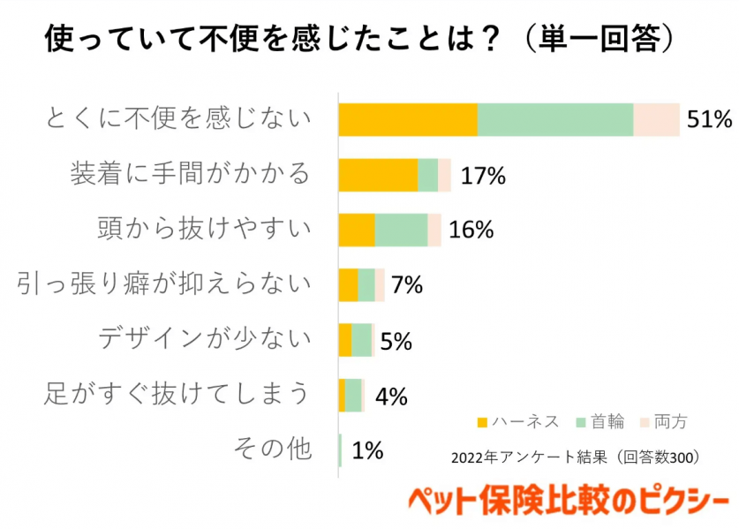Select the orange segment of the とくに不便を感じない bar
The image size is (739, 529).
coord(408,119)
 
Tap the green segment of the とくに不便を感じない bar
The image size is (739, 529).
coord(555,119)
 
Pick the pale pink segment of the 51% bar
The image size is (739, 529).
coord(656,119)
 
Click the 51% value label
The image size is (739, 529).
coord(710,119)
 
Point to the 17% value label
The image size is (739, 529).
coord(483,176)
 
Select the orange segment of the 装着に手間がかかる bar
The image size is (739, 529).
coord(378,175)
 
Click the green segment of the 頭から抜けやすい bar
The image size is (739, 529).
coord(401,230)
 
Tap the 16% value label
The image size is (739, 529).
coord(471,230)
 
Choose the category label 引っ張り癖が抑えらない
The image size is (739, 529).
coord(165,284)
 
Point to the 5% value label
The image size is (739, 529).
coord(396,341)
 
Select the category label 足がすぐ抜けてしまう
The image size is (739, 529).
coord(177,394)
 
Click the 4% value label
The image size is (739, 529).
coord(391,397)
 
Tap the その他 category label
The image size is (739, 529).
coord(273,450)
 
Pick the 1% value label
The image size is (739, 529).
coord(367,451)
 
